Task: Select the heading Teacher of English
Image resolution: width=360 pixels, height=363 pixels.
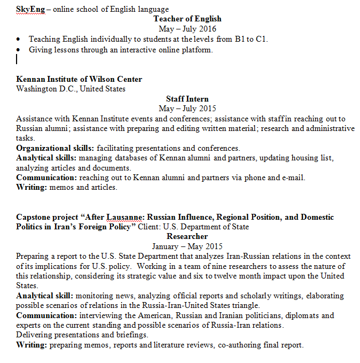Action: point(187,19)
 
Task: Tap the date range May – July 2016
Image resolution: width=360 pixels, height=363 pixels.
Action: point(187,29)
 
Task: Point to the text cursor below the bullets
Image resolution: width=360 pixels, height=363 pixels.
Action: point(18,59)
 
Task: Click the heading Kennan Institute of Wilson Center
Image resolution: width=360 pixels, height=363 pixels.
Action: point(79,79)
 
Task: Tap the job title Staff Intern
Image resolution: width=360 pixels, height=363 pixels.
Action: point(187,99)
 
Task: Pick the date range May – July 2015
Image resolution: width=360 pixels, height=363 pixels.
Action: point(187,109)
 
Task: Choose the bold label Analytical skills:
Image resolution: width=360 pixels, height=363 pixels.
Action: point(46,158)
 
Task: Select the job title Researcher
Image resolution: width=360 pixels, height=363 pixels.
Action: point(187,236)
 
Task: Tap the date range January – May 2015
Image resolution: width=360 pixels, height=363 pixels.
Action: point(187,246)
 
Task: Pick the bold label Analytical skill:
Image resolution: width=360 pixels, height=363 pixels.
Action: point(45,296)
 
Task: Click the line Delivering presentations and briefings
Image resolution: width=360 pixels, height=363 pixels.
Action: point(82,335)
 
